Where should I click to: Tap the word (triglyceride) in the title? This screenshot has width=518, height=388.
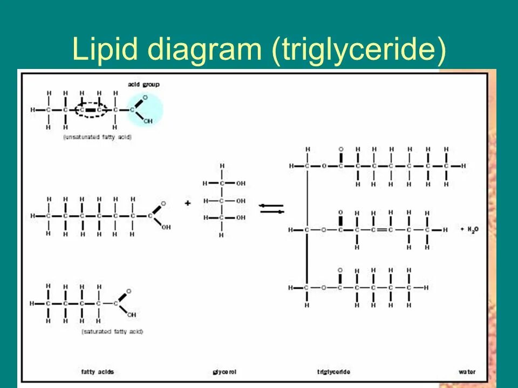click(359, 50)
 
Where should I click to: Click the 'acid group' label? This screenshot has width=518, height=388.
click(144, 85)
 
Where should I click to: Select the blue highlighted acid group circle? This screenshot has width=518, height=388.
click(145, 110)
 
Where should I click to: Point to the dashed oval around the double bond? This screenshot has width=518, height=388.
click(91, 110)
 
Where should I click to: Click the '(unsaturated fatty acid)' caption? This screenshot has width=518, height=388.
click(97, 137)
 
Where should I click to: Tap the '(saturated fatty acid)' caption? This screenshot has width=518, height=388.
click(112, 331)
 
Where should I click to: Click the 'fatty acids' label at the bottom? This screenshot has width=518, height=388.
click(98, 372)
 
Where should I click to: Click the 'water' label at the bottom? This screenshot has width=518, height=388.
click(467, 372)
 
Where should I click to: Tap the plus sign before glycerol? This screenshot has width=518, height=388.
click(188, 203)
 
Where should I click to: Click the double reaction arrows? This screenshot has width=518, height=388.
click(271, 209)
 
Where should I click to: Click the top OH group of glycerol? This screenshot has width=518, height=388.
click(241, 183)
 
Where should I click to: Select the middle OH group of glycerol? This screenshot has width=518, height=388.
click(241, 200)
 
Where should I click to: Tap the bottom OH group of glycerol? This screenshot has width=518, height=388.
click(241, 218)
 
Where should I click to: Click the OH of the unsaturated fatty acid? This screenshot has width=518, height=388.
click(148, 121)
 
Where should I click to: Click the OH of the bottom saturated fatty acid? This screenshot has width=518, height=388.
click(132, 315)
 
